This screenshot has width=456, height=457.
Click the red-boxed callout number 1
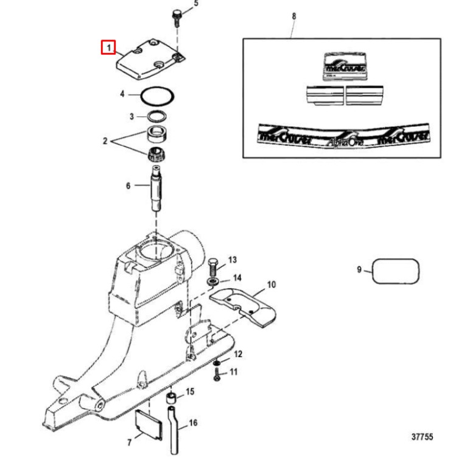click(x=108, y=47)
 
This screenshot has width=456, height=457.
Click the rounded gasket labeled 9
click(x=396, y=270)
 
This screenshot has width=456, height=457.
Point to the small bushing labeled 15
click(x=172, y=399)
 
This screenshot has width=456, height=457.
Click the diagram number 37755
click(x=422, y=437)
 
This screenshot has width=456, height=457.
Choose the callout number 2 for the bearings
click(x=105, y=141)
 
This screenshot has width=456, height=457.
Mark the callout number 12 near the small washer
click(x=238, y=353)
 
